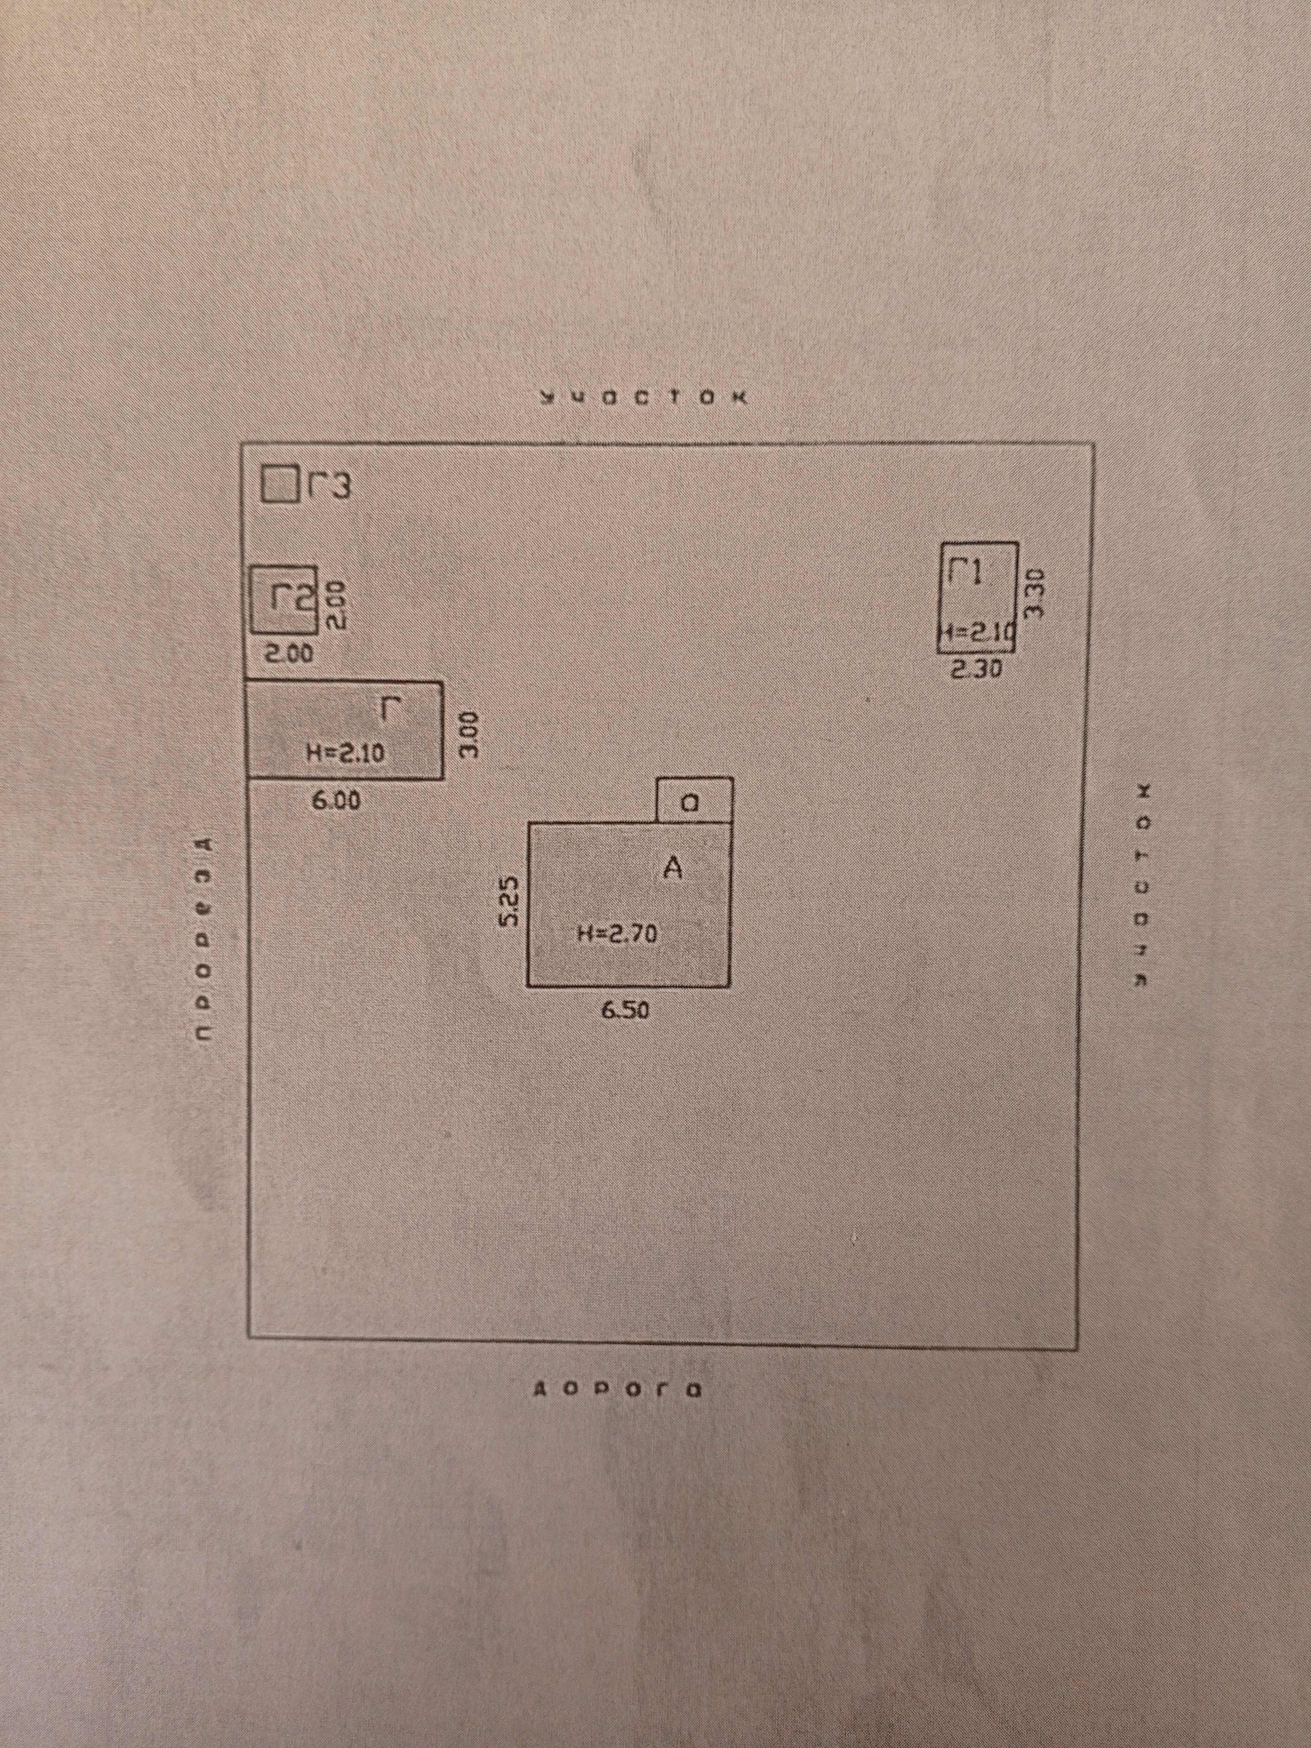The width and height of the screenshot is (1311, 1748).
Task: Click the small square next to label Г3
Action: point(278,484)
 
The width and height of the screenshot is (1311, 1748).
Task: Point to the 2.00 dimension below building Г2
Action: point(288,654)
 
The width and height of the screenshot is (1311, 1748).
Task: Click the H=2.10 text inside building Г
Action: point(345,754)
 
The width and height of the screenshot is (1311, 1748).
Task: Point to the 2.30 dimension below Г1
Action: point(976,669)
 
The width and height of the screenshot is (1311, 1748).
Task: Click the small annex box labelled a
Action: point(694,800)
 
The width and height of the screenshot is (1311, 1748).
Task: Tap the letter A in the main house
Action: point(673,869)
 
